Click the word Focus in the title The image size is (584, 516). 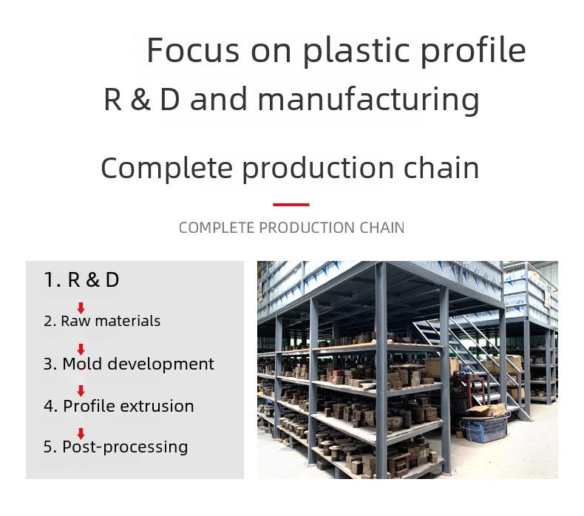point(193,50)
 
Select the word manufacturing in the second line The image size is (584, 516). point(368,100)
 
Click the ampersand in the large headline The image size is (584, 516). point(140,100)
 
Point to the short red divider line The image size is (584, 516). point(291,205)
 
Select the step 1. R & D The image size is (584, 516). point(81,279)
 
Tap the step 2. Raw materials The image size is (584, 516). point(102,321)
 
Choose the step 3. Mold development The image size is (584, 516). point(129,364)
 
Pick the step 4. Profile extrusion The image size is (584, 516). point(119,406)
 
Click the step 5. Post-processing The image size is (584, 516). point(116,447)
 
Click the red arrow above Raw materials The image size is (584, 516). point(81,308)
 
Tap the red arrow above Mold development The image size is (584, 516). point(81,350)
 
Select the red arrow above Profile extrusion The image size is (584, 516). point(81,391)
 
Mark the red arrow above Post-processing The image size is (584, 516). point(81,434)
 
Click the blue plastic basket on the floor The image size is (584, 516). point(484,429)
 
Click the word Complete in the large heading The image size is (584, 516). point(167,169)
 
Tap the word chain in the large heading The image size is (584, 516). point(441,167)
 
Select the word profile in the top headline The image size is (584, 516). point(473,51)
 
